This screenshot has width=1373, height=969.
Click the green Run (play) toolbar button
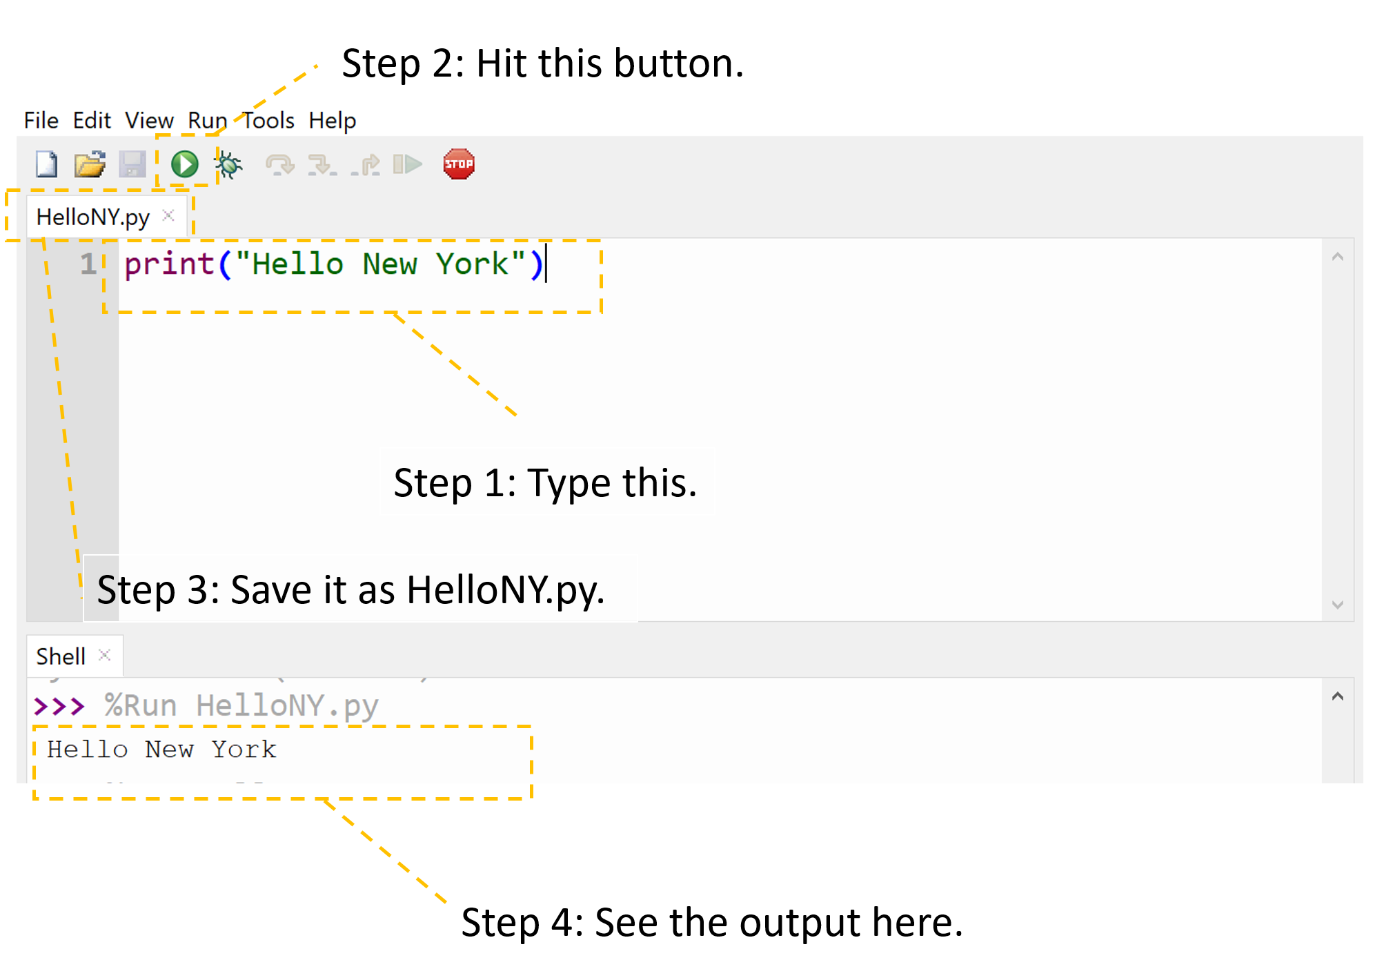[184, 164]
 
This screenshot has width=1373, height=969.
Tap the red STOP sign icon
[459, 164]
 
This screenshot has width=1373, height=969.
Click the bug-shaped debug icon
[228, 165]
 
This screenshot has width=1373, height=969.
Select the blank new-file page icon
[47, 164]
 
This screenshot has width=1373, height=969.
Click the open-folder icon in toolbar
[90, 164]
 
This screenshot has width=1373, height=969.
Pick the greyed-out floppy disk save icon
[132, 164]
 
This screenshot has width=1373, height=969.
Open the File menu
[41, 121]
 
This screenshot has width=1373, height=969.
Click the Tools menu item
[268, 121]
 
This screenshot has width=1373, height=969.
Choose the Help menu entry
[332, 121]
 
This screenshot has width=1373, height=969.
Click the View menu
[149, 121]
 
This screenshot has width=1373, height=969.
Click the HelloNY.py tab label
[92, 217]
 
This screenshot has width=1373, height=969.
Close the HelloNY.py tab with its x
[168, 216]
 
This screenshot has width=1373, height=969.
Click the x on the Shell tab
[104, 655]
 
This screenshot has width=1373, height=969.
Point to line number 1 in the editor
[88, 264]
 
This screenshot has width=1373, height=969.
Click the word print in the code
[169, 264]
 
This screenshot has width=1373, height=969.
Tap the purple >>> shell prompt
[59, 706]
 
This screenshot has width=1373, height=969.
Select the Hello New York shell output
[161, 750]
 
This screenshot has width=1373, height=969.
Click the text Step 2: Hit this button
[542, 63]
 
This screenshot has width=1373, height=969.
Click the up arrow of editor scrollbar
[1337, 257]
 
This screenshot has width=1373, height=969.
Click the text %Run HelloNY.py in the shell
[241, 706]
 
